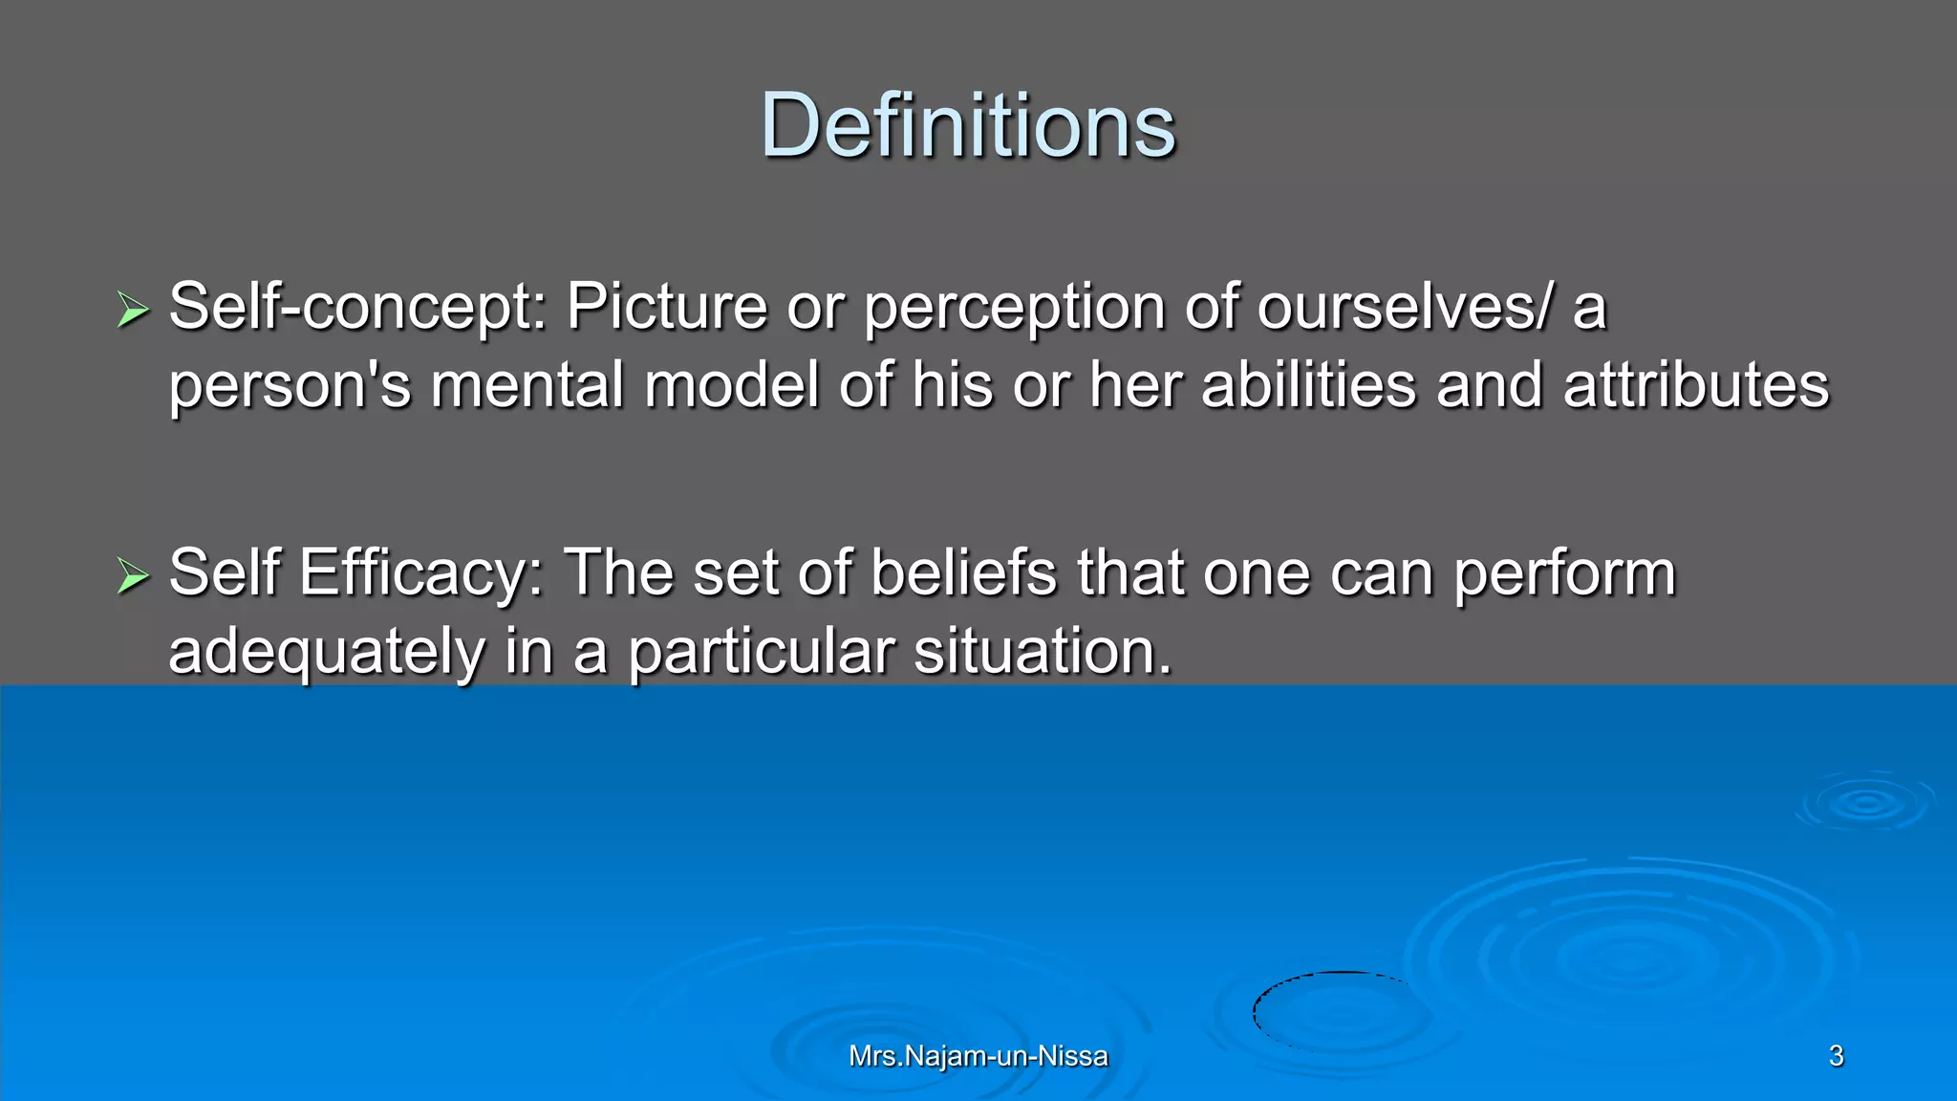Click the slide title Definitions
coord(967,126)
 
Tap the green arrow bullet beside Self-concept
coord(133,310)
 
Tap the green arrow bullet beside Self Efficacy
coord(133,575)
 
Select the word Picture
coord(667,308)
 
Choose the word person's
coord(290,386)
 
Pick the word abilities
coord(1308,386)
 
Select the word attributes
coord(1695,386)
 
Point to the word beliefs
coord(963,573)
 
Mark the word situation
coord(1042,652)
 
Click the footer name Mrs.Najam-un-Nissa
coord(978,1056)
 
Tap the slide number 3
coord(1836,1056)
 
